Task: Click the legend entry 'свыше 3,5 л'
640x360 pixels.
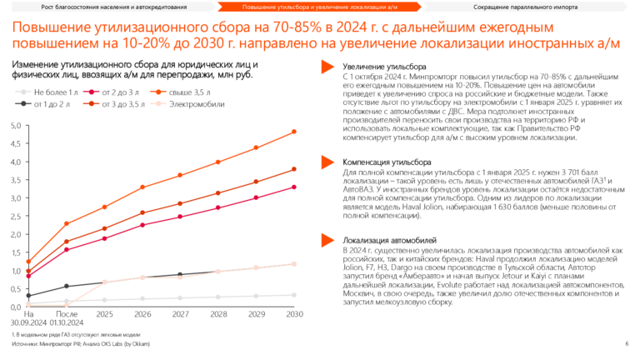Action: (189, 92)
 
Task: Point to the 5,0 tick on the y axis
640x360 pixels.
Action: (14, 126)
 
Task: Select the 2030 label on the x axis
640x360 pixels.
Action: (294, 315)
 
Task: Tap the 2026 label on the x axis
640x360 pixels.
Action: (142, 315)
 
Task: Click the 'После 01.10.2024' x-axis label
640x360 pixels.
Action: (66, 319)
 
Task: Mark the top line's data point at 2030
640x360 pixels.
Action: (294, 132)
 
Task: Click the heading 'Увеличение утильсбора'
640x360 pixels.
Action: (380, 66)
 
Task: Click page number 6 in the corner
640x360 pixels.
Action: (626, 342)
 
